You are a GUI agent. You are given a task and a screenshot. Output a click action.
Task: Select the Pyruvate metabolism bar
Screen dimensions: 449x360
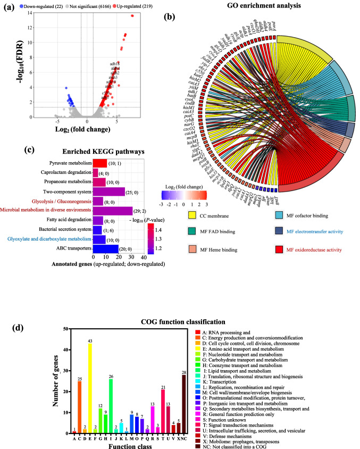[101, 163]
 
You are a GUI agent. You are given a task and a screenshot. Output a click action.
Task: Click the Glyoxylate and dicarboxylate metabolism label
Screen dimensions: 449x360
[47, 239]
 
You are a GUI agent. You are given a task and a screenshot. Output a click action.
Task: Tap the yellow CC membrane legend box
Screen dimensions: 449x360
[192, 216]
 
